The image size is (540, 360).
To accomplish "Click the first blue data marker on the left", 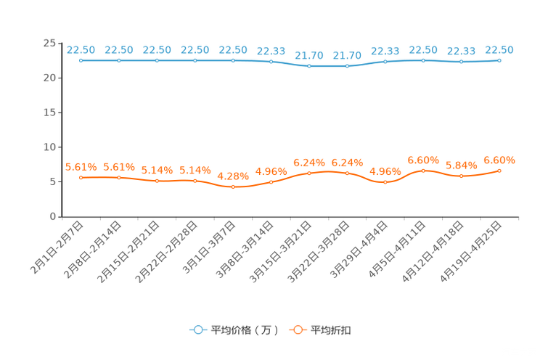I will click(x=81, y=60).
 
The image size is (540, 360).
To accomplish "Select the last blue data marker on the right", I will click(x=499, y=60).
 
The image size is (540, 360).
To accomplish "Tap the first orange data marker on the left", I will click(x=81, y=177).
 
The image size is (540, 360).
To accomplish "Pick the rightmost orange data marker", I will click(x=499, y=171).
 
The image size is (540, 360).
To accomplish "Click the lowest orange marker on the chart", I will click(x=233, y=187).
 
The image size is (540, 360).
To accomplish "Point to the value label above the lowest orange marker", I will click(x=233, y=176).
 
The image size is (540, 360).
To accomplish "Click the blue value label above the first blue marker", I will click(x=81, y=49).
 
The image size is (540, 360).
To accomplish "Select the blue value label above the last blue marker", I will click(x=499, y=49).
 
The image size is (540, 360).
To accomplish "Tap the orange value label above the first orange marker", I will click(x=81, y=166).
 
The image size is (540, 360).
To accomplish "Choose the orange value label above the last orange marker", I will click(x=499, y=160).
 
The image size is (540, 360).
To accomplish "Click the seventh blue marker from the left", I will click(x=309, y=66).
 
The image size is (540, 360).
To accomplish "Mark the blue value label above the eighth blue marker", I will click(x=347, y=54).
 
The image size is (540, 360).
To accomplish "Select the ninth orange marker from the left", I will click(x=385, y=183).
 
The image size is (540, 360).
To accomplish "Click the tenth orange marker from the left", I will click(x=423, y=170).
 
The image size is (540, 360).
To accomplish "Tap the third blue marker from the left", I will click(x=157, y=60).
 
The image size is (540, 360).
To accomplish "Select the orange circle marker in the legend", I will click(x=298, y=330).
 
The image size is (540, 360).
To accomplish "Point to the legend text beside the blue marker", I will click(x=244, y=330).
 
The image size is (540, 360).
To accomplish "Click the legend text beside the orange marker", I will click(x=332, y=330).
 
